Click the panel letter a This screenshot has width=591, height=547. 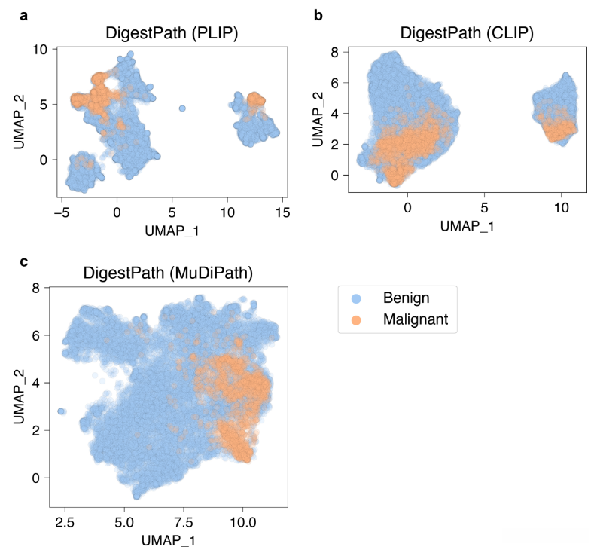coord(24,14)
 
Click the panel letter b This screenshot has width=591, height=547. coord(318,14)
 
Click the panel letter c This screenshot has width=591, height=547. coord(24,262)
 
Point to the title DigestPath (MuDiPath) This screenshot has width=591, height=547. coord(169,273)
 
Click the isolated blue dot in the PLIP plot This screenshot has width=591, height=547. coord(182,108)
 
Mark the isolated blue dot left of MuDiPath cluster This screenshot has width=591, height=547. coord(62,411)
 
